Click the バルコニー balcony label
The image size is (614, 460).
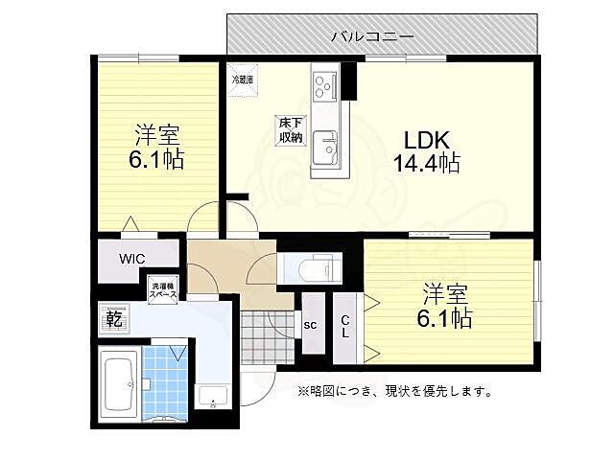point(372,35)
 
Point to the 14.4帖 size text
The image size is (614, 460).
point(424,164)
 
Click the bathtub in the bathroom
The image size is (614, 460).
point(120,381)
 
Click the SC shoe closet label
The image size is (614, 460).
point(310,325)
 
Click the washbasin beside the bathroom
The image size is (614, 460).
point(212,393)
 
